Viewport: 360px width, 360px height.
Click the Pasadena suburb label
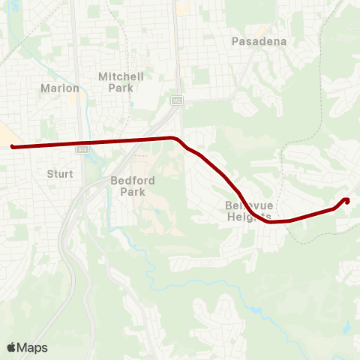click(259, 41)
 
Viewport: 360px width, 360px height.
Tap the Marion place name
click(60, 88)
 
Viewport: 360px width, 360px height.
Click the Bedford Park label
click(133, 185)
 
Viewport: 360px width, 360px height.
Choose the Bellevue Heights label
click(247, 211)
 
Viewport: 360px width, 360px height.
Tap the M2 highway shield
click(176, 99)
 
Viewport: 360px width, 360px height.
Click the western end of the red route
click(13, 147)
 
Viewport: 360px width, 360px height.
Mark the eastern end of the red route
click(346, 199)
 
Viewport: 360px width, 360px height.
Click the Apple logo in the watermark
click(11, 347)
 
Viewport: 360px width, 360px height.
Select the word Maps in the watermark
click(33, 347)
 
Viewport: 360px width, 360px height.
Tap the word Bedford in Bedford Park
click(133, 180)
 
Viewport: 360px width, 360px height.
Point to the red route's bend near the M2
click(175, 139)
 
